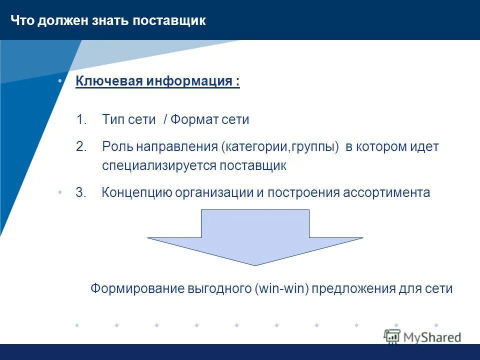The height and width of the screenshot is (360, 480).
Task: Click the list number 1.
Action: pos(81,120)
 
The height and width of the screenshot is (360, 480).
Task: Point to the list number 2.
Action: pos(81,147)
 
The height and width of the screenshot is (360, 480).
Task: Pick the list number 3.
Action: pos(81,193)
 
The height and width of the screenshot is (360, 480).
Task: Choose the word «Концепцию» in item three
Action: pos(137,193)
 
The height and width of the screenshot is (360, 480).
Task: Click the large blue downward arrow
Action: pos(255,237)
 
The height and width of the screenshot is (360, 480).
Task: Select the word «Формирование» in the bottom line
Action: pos(137,289)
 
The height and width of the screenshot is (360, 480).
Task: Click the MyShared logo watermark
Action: pos(422,337)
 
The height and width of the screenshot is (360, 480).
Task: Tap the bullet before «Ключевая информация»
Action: pos(60,81)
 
